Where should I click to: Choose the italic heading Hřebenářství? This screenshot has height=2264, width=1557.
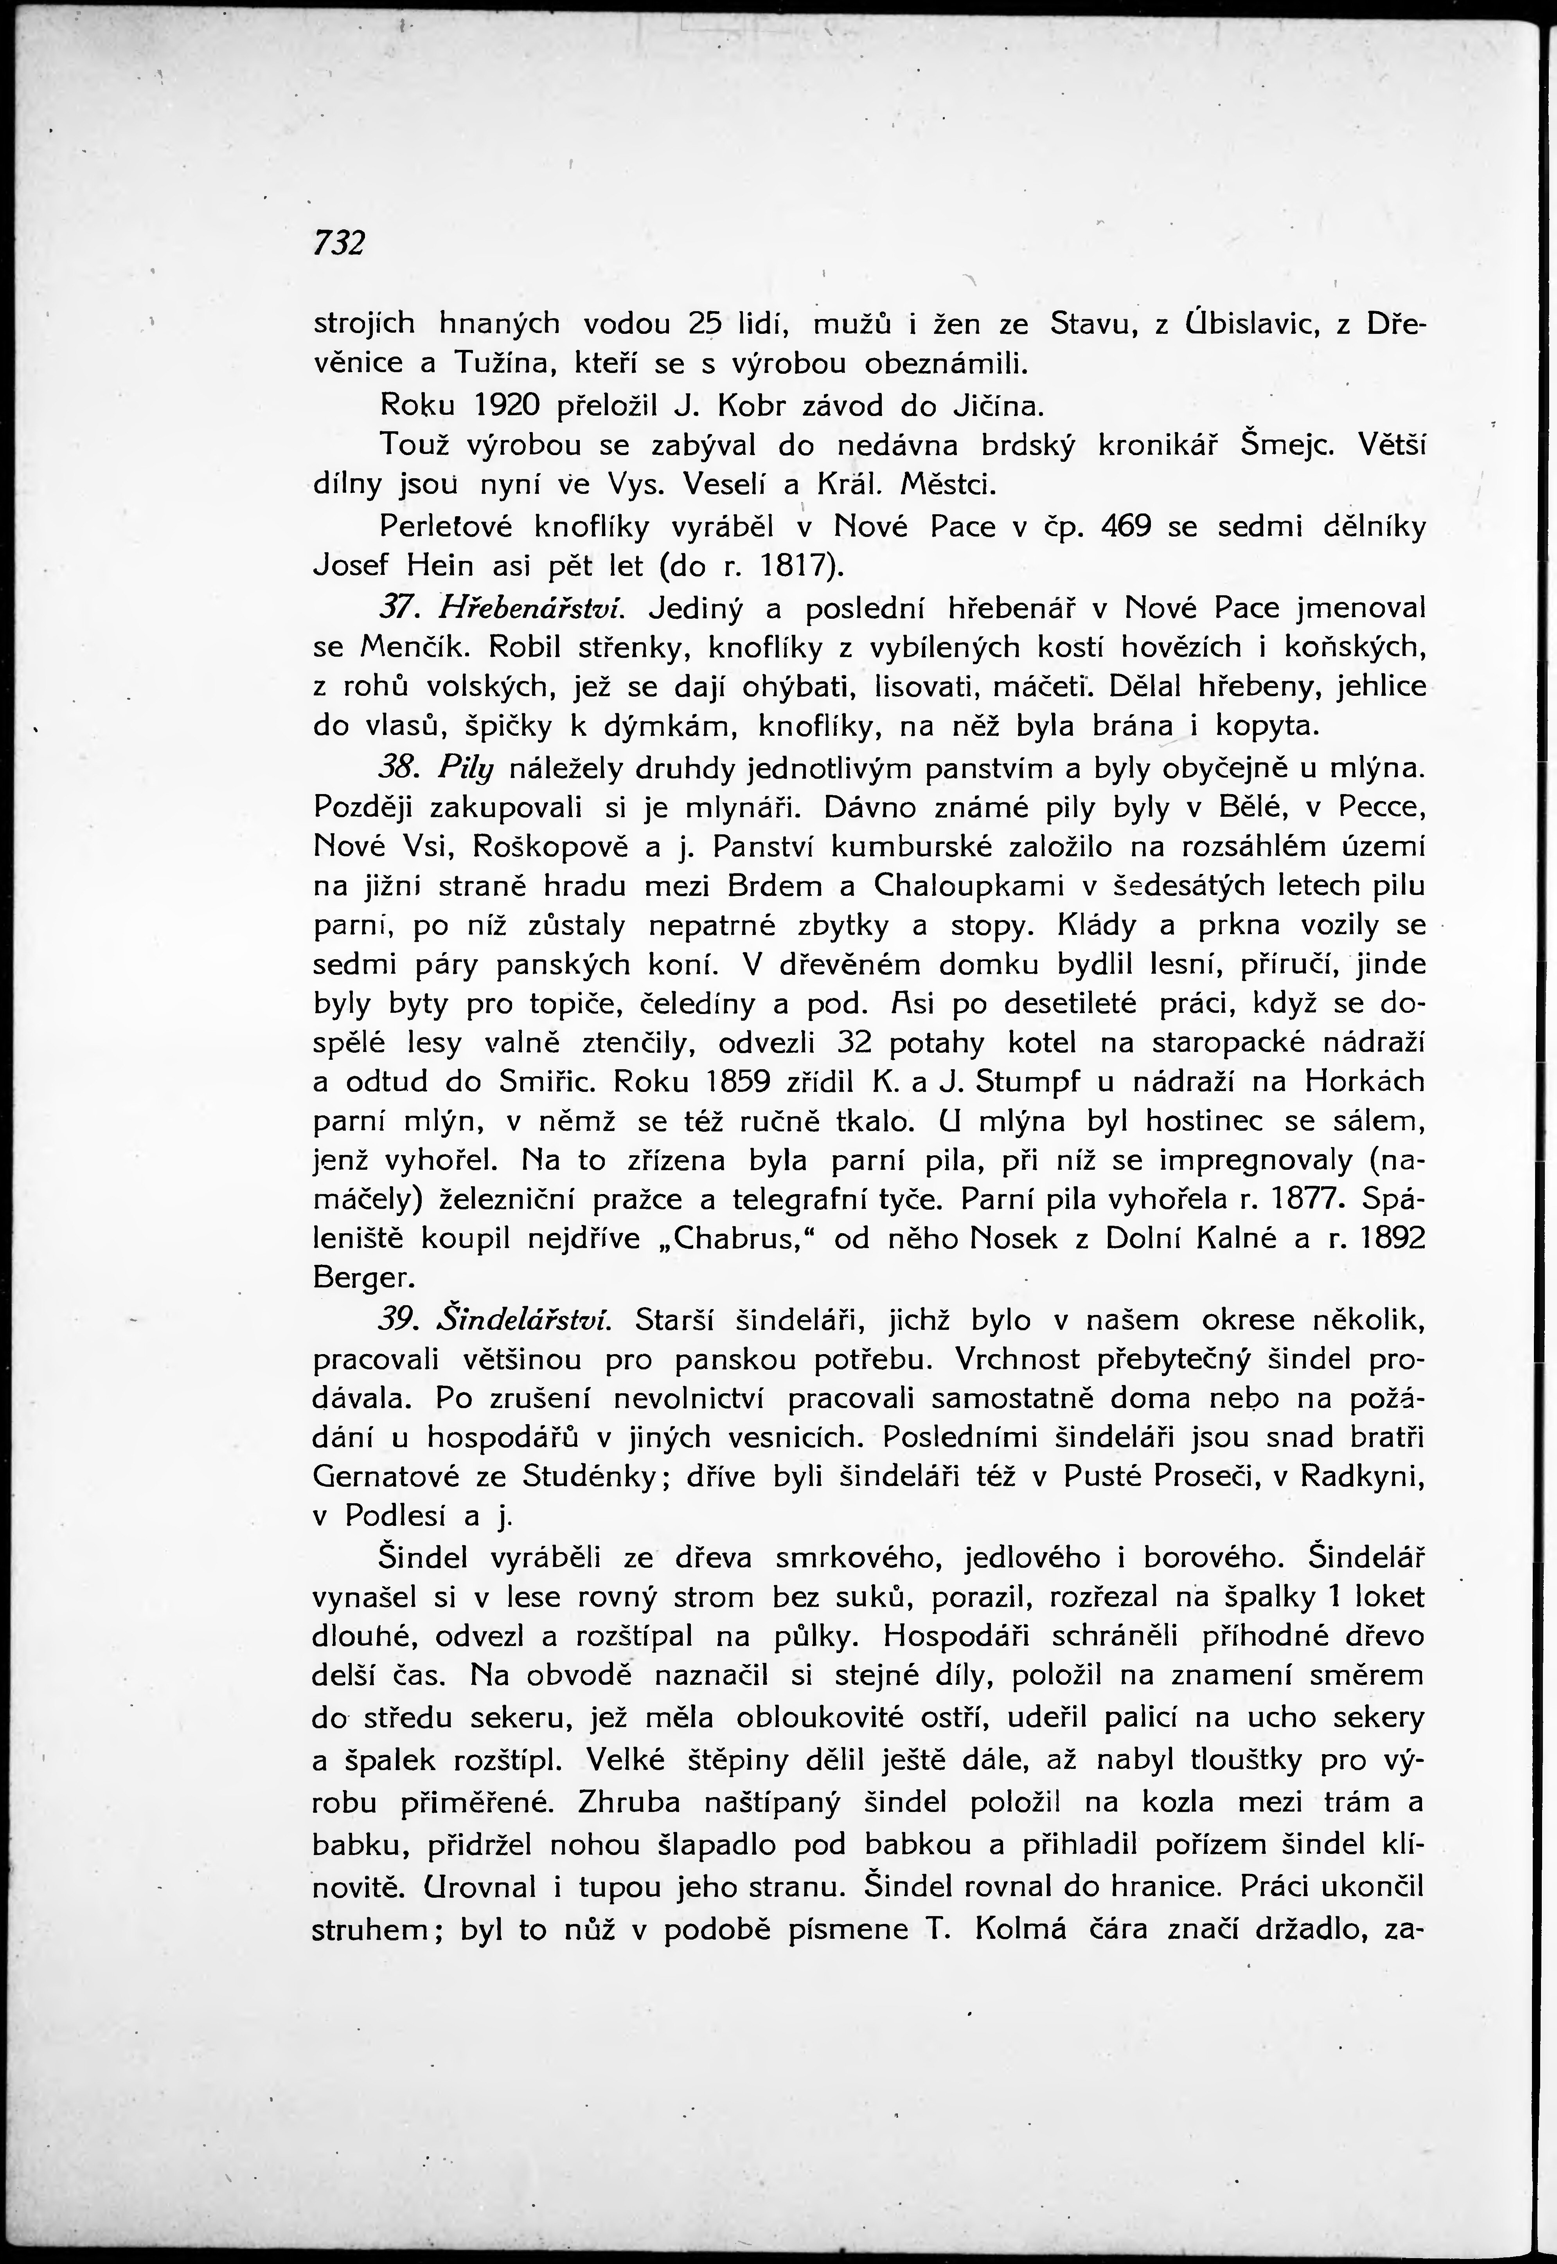point(530,608)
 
